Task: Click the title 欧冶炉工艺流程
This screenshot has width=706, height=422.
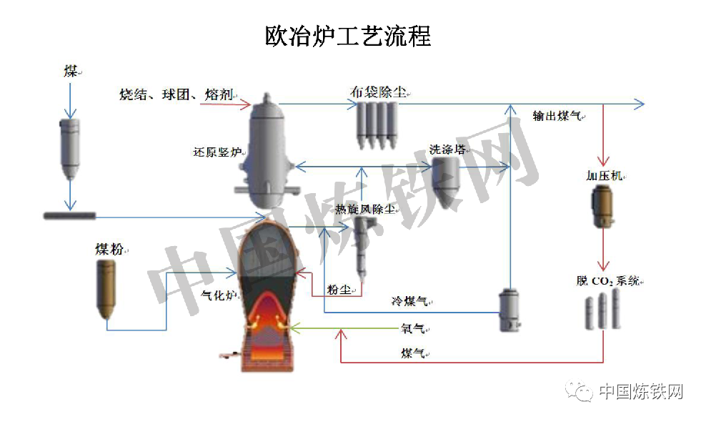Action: coord(348,36)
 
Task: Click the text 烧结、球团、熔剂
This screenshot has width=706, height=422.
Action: coord(176,94)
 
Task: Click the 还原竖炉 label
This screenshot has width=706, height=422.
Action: coord(217,152)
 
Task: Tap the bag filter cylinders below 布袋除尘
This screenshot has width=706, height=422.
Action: coord(377,125)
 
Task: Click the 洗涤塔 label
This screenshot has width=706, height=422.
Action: coord(447,149)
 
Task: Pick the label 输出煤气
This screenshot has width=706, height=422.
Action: coord(557,117)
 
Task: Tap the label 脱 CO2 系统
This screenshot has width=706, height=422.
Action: coord(608,281)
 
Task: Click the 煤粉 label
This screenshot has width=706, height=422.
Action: coord(109,249)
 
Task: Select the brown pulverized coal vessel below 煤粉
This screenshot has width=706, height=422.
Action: coord(107,289)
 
